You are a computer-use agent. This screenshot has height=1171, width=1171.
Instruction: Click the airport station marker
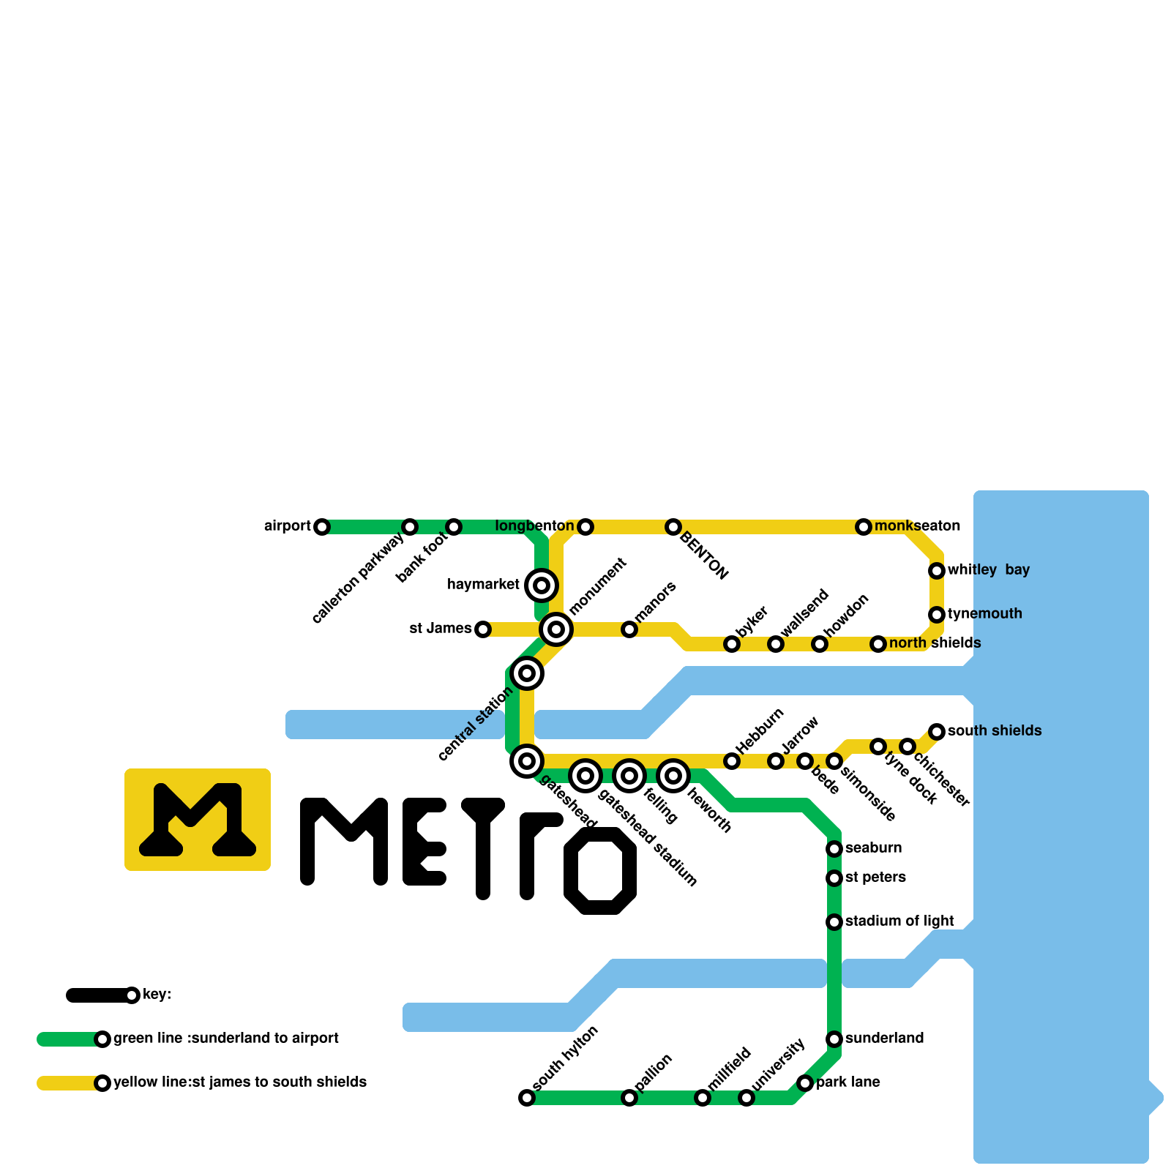pos(322,527)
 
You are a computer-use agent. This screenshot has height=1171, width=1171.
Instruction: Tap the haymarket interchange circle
pos(542,585)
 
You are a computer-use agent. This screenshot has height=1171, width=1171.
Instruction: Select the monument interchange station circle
pos(556,629)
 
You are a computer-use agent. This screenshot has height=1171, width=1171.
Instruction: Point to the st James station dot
pos(483,629)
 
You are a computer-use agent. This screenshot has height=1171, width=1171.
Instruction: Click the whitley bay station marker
pos(937,571)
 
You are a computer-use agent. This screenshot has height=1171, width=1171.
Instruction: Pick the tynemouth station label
pos(984,614)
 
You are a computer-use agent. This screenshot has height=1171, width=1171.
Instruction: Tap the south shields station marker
pos(937,732)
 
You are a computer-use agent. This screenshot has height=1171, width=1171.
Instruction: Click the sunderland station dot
pos(834,1039)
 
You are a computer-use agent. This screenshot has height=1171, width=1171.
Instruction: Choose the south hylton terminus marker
pos(527,1098)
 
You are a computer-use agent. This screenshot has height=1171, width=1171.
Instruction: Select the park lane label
pos(848,1082)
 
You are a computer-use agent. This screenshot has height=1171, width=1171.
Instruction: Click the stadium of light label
pos(899,921)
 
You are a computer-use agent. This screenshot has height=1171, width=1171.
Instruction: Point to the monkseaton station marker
pos(864,527)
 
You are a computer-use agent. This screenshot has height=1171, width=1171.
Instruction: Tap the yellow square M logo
pos(198,820)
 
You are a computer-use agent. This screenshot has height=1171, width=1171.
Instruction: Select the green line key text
pos(225,1039)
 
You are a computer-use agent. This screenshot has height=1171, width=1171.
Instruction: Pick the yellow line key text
pos(240,1082)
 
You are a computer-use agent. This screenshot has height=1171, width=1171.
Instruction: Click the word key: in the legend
pos(157,995)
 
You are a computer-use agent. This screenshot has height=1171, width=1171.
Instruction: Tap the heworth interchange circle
pos(673,776)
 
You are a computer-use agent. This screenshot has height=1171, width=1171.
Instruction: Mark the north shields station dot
pos(878,644)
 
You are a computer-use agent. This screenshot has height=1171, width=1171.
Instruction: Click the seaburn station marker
pos(834,849)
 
